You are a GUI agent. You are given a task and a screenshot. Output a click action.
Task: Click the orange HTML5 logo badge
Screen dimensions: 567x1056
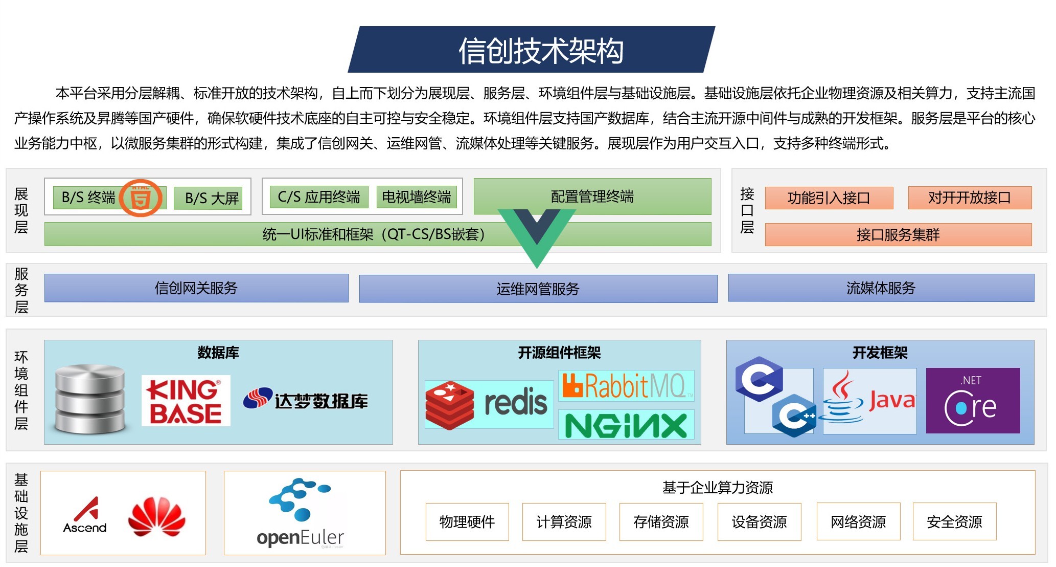click(141, 198)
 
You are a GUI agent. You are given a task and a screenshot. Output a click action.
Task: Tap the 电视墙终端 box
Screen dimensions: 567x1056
click(416, 197)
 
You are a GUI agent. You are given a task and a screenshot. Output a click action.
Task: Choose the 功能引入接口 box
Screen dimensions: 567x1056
click(829, 198)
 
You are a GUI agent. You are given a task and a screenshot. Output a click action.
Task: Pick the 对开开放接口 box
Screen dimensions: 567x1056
click(969, 198)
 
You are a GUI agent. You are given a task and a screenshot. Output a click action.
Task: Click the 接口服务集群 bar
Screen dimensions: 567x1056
click(898, 235)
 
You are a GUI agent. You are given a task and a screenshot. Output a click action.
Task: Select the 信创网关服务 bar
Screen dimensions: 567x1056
click(196, 288)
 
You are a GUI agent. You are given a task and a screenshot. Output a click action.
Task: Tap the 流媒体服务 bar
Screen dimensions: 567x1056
click(881, 288)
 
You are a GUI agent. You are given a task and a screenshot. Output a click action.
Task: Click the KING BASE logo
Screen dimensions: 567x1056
click(186, 401)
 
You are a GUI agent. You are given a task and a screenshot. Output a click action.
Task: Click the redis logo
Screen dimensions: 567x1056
click(489, 404)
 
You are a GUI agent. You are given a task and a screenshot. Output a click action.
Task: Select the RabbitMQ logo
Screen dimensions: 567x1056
click(626, 386)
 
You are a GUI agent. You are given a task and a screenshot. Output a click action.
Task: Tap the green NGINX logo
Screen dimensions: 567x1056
click(626, 425)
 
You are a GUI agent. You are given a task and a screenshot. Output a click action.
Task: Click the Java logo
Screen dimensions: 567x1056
click(869, 401)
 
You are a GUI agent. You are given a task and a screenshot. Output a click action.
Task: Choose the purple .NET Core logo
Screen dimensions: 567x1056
click(973, 401)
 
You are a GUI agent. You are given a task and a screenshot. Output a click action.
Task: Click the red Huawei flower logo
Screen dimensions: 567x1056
click(156, 516)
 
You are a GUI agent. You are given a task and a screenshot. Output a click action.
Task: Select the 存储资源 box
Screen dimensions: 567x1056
click(661, 522)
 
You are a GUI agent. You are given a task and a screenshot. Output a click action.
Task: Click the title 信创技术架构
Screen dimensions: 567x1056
click(541, 51)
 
